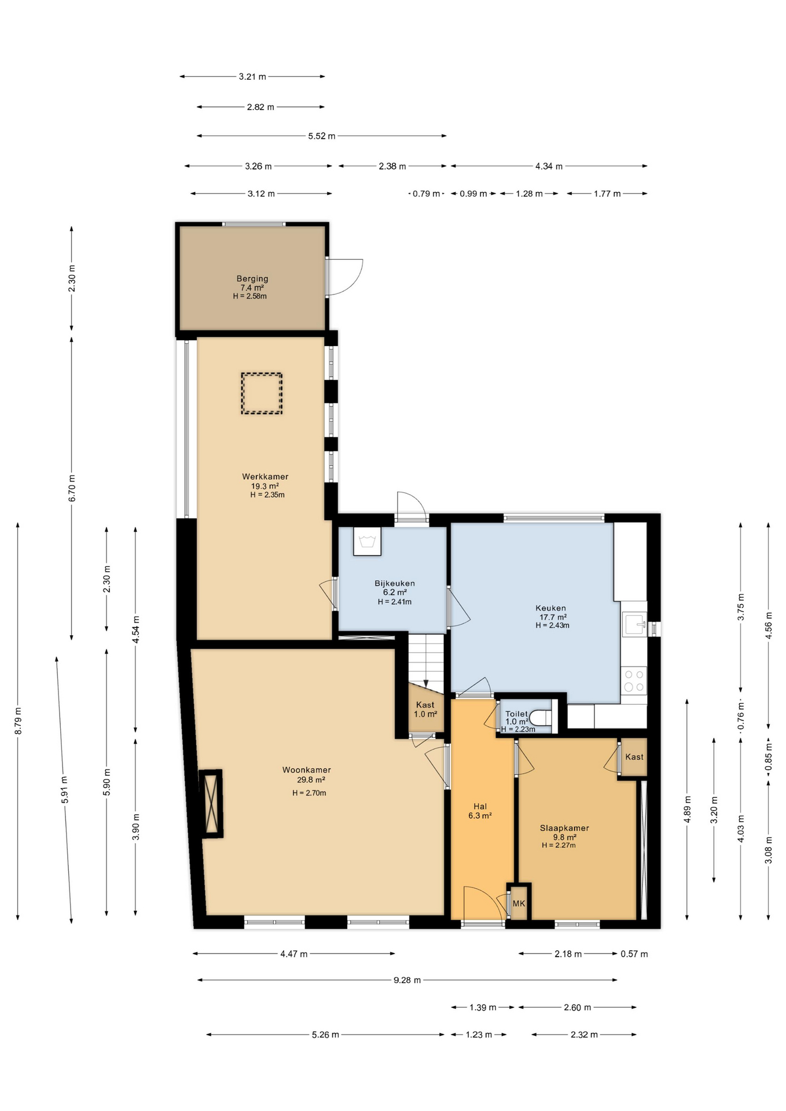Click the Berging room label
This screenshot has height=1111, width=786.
252,278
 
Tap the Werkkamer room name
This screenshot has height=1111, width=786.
265,476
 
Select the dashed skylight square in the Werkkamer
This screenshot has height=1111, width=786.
262,393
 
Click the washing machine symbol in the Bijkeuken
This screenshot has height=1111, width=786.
367,542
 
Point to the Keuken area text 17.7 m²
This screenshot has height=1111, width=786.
553,617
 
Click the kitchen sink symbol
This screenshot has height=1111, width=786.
634,624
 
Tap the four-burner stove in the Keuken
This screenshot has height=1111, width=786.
634,680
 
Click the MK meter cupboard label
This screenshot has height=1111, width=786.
519,903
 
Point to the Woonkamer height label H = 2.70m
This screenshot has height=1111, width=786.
309,793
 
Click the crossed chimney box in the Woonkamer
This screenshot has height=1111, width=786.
211,802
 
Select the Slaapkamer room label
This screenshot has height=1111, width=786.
564,828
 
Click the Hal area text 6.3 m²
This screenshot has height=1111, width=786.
480,816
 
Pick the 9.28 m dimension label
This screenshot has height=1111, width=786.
407,980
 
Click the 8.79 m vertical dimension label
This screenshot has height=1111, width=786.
18,721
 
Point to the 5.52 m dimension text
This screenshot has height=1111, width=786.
321,136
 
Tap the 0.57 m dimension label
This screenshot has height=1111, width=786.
634,954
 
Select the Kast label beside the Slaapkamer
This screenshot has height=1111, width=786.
634,757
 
